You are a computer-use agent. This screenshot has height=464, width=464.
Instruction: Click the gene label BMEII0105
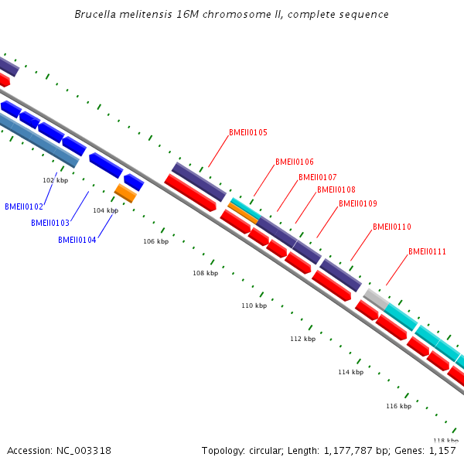click(248, 132)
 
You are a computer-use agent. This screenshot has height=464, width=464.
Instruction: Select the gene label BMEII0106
click(295, 162)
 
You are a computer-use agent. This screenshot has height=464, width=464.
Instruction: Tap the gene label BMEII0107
click(318, 177)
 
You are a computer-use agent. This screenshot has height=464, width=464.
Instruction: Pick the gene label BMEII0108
click(336, 189)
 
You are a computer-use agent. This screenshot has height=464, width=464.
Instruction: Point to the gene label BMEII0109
click(358, 203)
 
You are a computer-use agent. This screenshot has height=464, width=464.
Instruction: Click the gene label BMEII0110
click(392, 227)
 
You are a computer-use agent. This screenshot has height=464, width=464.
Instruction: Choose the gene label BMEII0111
click(428, 251)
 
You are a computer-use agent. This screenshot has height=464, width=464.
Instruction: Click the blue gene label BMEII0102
click(24, 206)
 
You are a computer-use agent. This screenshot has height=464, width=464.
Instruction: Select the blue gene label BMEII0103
click(50, 223)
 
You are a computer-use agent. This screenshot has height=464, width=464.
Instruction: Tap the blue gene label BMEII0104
click(77, 240)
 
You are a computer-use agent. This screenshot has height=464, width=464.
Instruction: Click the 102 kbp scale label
click(55, 180)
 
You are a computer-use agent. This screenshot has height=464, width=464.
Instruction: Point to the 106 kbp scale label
click(155, 241)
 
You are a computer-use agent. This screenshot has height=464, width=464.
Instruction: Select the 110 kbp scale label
click(254, 305)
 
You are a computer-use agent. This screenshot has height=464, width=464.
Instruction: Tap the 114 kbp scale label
click(350, 372)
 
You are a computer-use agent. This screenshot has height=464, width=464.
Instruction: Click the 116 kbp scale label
click(398, 406)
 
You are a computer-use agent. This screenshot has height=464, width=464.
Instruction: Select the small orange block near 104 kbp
click(125, 193)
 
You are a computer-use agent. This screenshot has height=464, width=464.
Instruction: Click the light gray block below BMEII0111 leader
click(375, 298)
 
